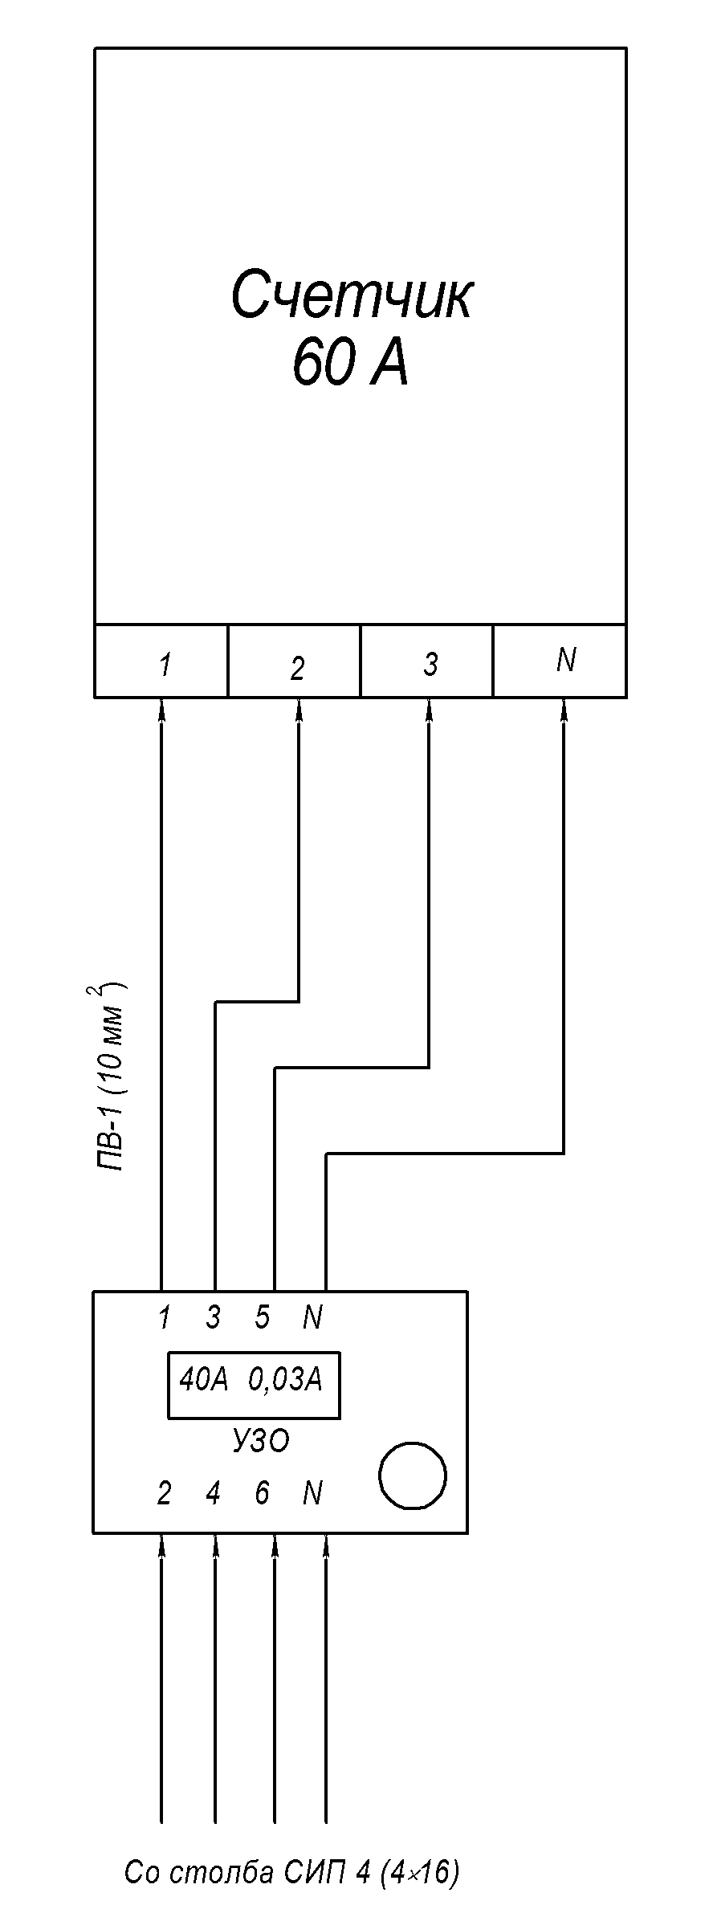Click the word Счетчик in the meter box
click(352, 295)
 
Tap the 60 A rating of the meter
click(350, 362)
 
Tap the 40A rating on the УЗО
click(204, 1380)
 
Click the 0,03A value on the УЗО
click(284, 1380)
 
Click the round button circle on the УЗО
click(412, 1475)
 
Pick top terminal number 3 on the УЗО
click(213, 1317)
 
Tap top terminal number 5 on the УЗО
click(263, 1317)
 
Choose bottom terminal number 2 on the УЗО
click(164, 1494)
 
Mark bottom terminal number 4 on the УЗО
click(213, 1494)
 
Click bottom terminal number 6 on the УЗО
click(263, 1494)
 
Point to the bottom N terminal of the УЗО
click(312, 1494)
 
